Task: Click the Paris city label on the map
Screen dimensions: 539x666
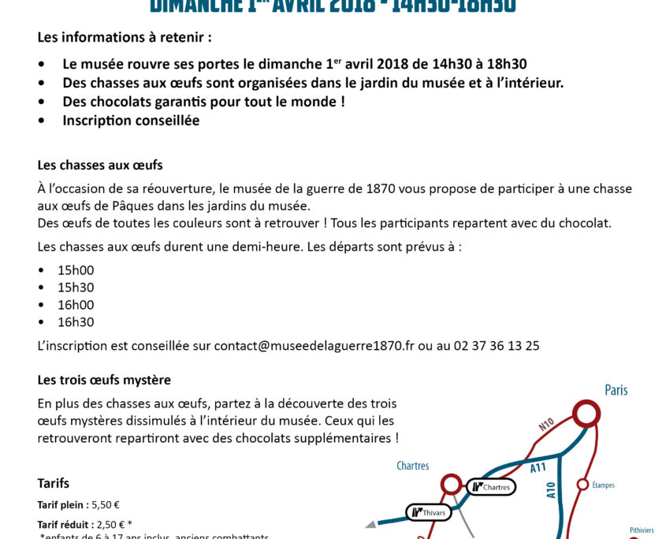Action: [616, 390]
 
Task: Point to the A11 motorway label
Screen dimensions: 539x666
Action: [538, 467]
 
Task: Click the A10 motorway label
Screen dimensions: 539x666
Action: [551, 490]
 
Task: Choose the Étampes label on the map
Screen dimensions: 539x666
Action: [603, 485]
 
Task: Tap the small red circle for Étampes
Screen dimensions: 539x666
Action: [583, 484]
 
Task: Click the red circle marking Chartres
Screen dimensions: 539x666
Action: [451, 483]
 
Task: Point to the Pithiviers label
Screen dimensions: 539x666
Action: [642, 530]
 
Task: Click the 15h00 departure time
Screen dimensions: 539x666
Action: [76, 270]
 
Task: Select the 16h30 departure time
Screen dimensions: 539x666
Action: [76, 322]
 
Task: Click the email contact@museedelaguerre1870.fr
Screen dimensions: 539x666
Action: [314, 345]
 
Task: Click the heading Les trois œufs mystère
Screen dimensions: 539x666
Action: [104, 380]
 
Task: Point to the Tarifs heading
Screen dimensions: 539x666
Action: [54, 483]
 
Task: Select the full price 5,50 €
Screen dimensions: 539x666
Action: [106, 504]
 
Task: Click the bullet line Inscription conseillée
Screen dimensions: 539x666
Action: [131, 121]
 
